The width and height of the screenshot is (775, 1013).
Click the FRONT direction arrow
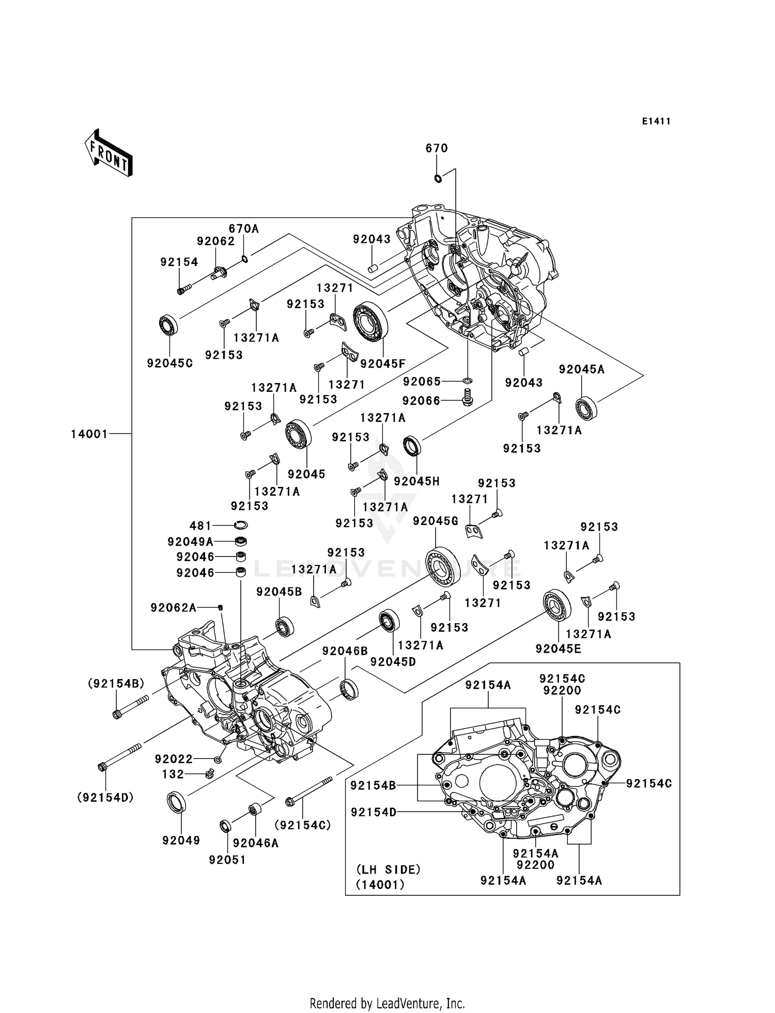point(109,154)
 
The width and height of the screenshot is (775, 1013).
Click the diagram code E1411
point(656,121)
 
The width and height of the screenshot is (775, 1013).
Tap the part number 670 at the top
point(437,148)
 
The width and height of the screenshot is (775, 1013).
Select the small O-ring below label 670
point(438,179)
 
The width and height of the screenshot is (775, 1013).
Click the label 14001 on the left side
point(89,434)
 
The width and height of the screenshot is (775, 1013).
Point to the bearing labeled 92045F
point(370,321)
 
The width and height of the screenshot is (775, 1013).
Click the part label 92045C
point(169,363)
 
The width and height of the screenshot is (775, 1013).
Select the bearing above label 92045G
point(443,566)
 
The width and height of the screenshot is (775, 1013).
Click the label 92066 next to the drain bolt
point(421,401)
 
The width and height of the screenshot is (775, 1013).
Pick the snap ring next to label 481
point(240,525)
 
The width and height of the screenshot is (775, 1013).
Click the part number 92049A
point(190,542)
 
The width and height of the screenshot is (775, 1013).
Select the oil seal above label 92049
point(176,801)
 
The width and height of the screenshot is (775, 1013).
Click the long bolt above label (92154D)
point(120,757)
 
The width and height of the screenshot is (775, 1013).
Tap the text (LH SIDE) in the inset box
point(388,869)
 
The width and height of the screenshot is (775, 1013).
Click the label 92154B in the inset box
point(373,785)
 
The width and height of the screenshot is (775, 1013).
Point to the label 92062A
point(173,608)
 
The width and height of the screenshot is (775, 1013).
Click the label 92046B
point(345,651)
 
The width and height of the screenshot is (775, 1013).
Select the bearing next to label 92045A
point(586,408)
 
